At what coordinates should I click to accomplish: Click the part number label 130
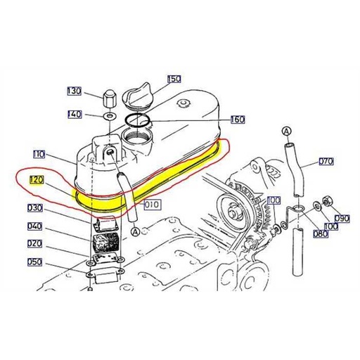coord(75,91)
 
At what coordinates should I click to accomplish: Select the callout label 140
coord(75,114)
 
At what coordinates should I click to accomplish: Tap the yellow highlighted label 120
coord(37,180)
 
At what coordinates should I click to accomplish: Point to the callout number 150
coord(174,79)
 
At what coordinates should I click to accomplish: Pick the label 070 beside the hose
coord(326,161)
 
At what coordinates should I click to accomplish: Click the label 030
coord(36,208)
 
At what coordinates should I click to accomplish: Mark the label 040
coord(35,226)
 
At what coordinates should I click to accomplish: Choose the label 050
coord(35,262)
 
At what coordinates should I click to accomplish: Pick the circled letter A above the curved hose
coord(286,131)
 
